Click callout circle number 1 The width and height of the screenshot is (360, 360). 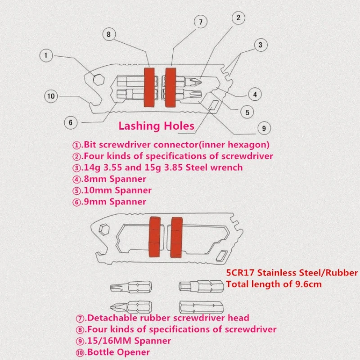click(46, 55)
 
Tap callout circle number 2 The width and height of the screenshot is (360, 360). click(238, 18)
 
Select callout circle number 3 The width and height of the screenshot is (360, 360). click(261, 45)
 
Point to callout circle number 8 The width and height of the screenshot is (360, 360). click(109, 35)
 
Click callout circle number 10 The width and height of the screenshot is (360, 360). click(51, 96)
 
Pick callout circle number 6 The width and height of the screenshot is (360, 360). click(71, 122)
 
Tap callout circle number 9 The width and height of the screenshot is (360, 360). click(264, 128)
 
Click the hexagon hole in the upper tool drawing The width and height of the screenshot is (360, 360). click(99, 80)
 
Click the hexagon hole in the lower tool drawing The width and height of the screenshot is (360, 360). click(104, 229)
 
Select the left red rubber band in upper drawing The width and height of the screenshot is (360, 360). click(149, 87)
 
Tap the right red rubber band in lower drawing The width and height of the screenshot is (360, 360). click(176, 237)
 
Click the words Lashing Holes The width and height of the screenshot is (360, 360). click(156, 126)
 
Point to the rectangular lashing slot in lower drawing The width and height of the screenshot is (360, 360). click(222, 256)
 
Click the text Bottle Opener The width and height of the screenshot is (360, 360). click(118, 352)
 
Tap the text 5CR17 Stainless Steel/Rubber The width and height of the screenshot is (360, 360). click(292, 273)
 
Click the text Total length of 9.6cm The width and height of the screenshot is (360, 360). click(274, 284)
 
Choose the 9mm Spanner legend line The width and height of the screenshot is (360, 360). click(109, 202)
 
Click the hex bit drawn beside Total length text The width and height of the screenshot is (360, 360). click(201, 286)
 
